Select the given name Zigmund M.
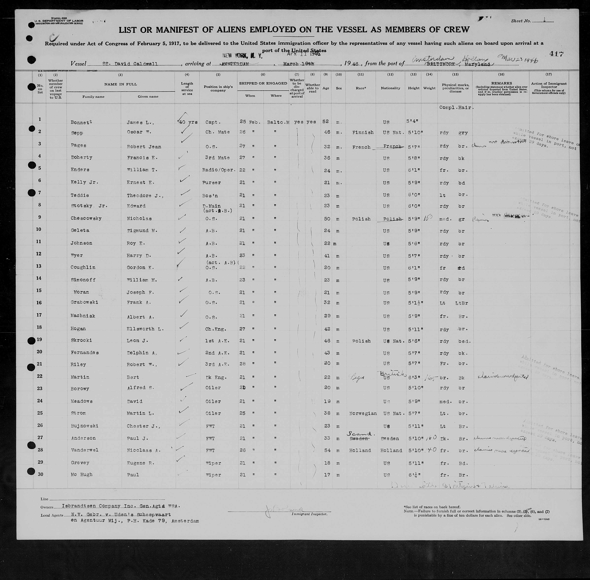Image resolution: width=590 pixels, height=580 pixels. coord(142,231)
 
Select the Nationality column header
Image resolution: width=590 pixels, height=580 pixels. coord(390,88)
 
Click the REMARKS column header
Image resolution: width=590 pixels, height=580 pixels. coord(501,83)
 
